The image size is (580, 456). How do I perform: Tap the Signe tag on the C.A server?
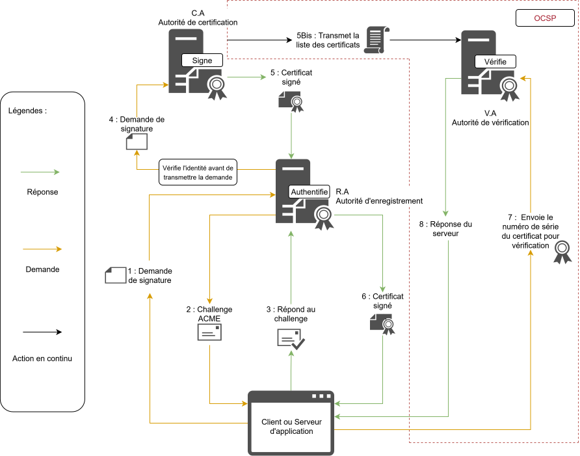point(202,60)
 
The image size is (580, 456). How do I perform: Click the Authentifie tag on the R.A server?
point(310,193)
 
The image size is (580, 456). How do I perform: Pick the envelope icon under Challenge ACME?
point(209,332)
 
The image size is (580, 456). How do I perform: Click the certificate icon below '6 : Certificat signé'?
point(382,323)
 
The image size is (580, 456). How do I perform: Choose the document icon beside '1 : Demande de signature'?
point(116,275)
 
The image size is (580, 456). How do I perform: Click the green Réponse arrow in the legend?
point(41,172)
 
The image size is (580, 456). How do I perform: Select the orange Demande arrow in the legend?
point(41,249)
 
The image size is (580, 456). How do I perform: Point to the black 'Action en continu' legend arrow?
point(41,332)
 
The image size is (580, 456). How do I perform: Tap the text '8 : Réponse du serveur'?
point(445,228)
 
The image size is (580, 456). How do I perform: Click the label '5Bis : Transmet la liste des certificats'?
point(328,40)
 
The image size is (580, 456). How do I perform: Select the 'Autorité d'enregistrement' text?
point(379,201)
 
